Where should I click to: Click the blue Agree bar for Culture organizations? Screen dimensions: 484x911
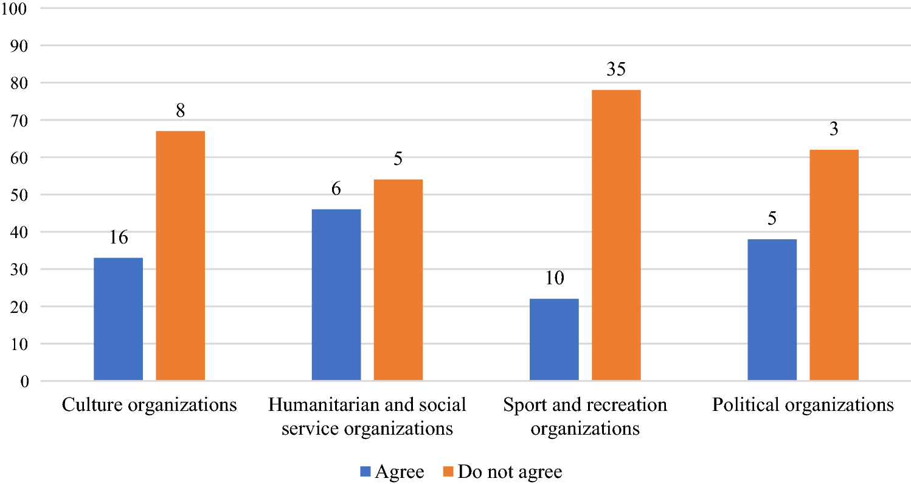[119, 319]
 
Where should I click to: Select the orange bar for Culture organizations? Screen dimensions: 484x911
[181, 256]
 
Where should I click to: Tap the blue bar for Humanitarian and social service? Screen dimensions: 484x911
[336, 295]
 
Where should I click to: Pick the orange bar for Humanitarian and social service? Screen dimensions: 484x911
[398, 280]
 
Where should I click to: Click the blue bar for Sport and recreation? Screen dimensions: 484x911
[554, 340]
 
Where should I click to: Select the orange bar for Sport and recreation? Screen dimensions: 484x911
[616, 235]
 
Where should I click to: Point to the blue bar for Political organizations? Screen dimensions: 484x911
[772, 310]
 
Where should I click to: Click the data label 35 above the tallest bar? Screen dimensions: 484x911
[616, 70]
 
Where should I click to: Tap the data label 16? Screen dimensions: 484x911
[119, 237]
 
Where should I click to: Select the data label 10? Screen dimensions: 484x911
[554, 279]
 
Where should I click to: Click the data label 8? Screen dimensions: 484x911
[181, 111]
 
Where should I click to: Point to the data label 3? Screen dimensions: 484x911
[834, 130]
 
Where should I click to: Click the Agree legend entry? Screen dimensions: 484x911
[392, 471]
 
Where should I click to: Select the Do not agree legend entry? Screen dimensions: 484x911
[502, 471]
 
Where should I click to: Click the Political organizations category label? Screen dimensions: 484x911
[803, 405]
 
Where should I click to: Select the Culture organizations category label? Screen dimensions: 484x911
[150, 405]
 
